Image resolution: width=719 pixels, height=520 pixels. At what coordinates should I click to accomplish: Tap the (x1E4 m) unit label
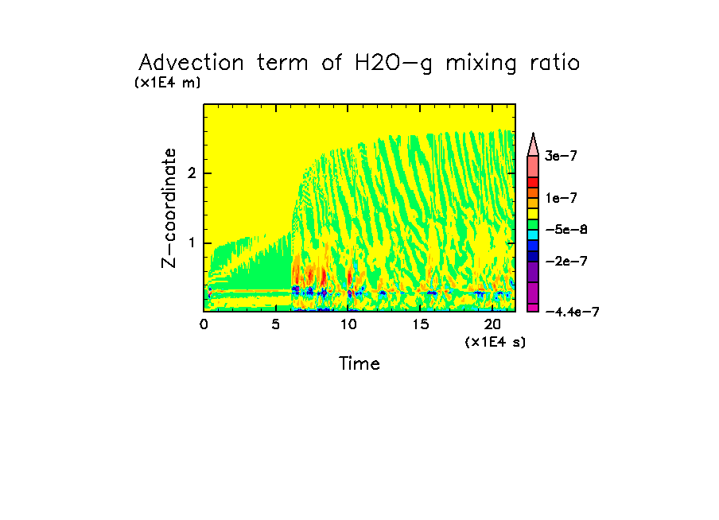coord(167,82)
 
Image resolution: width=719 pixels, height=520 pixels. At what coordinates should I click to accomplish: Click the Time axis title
coord(359,364)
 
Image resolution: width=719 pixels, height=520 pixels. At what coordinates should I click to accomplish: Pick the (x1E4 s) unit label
coord(496,341)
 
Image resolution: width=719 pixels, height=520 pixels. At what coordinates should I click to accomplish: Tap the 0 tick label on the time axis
coord(204,324)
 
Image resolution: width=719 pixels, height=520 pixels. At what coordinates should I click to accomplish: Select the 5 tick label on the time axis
coord(276,324)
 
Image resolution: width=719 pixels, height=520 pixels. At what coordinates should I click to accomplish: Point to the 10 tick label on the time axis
coord(348,324)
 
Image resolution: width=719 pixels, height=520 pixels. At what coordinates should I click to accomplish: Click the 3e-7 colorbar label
coord(561,157)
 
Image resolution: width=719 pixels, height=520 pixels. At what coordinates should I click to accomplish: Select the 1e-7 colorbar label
coord(561,197)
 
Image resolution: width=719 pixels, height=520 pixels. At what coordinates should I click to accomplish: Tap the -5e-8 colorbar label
coord(565,230)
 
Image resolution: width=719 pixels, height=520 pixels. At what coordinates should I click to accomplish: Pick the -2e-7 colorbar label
coord(565,261)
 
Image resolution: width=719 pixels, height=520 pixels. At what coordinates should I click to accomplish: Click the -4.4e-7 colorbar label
coord(571,312)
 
